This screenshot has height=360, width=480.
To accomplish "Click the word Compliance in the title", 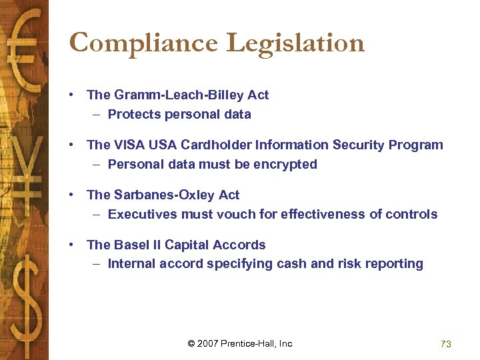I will coord(144,44).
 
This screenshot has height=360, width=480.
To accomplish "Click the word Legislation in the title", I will coord(295,44).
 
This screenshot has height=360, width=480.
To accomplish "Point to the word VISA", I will coord(128,145).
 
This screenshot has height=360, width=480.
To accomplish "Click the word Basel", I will coord(131,245).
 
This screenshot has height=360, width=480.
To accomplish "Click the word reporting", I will coord(393,264).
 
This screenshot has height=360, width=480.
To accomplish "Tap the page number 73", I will coord(446,344).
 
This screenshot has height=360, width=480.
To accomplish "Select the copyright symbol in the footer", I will coord(191,343).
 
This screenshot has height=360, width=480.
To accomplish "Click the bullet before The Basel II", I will coord(71,245).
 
